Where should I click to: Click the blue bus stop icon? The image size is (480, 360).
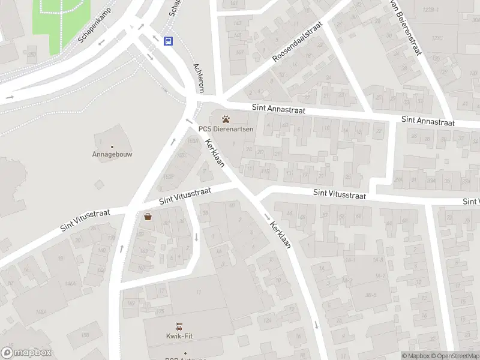coord(169,41)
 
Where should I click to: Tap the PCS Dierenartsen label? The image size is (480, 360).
coord(226,129)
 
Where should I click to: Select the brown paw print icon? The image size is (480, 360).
coord(226,119)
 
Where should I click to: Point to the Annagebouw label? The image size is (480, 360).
coord(112,154)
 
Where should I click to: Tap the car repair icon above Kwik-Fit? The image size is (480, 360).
coord(179,326)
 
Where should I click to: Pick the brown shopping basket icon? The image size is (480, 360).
coord(148,217)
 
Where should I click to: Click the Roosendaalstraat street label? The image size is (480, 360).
coord(297,41)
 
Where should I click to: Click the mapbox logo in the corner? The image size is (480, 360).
coord(26,353)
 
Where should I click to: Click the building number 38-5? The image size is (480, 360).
coord(370,295)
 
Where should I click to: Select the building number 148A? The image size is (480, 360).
coord(41,312)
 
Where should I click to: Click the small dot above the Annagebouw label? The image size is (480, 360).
coord(112,146)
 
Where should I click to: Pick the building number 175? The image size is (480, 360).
coord(160,311)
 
